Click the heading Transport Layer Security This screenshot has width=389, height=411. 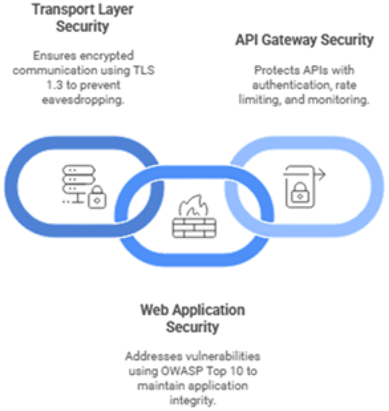[82, 18]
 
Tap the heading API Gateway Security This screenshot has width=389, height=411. [304, 40]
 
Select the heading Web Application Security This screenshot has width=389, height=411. [192, 318]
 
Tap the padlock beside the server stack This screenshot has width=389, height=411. [97, 197]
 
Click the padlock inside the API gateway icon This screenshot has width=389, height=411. [300, 192]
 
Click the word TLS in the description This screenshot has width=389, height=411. [144, 70]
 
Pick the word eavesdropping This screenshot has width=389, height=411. [83, 100]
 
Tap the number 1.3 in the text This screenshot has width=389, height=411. [54, 85]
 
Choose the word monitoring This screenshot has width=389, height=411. [338, 100]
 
